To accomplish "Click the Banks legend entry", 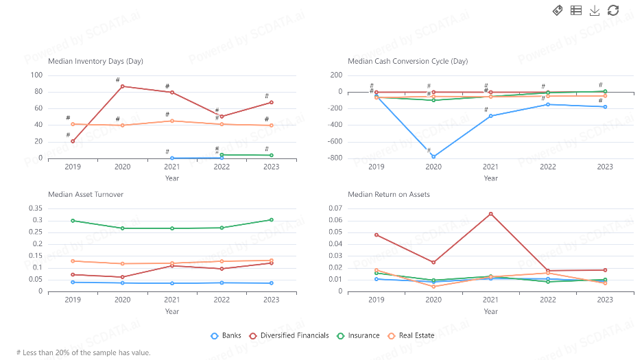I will (226, 335).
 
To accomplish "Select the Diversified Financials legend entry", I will (299, 335).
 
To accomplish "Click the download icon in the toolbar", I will (595, 10).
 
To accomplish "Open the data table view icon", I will (576, 10).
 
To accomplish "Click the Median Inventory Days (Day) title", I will (95, 61).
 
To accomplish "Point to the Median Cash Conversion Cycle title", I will (407, 61).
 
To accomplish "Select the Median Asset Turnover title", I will (86, 194).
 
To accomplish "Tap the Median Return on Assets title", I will (389, 194).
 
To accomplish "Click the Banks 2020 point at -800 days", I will (433, 157).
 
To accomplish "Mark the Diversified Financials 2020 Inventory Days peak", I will (122, 86).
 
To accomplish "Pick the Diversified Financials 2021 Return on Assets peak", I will (490, 214).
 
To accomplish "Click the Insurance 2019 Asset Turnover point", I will (73, 221).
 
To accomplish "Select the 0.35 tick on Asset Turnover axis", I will (34, 208).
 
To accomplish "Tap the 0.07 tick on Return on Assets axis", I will (335, 208).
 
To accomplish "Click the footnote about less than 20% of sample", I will (83, 352).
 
